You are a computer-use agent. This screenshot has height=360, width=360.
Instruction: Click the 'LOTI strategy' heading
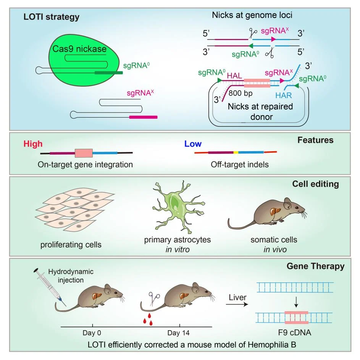(x=52, y=17)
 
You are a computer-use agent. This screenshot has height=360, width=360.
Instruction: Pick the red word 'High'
(x=33, y=144)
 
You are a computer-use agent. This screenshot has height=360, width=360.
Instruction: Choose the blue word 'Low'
(x=193, y=144)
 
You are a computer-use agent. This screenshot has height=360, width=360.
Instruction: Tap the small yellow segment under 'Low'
(x=236, y=152)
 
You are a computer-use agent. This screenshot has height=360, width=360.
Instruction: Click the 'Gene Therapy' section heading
(x=315, y=266)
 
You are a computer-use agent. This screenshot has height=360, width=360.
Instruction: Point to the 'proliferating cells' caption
(x=71, y=244)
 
